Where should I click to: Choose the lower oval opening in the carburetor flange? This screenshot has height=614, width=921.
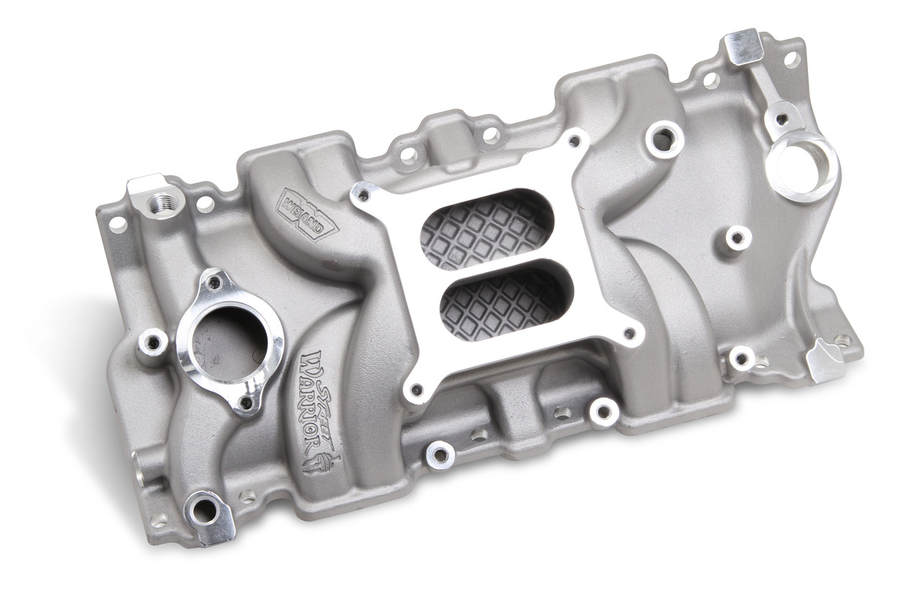coord(504,307)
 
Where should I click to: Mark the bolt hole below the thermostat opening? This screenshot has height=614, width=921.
coord(248,404)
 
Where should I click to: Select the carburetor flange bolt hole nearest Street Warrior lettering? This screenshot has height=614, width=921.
coord(414,389)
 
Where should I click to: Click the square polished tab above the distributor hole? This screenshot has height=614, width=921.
coord(742,44)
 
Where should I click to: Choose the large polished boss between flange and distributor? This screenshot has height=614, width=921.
coord(663,138)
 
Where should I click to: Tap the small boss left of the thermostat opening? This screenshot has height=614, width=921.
coord(153,341)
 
